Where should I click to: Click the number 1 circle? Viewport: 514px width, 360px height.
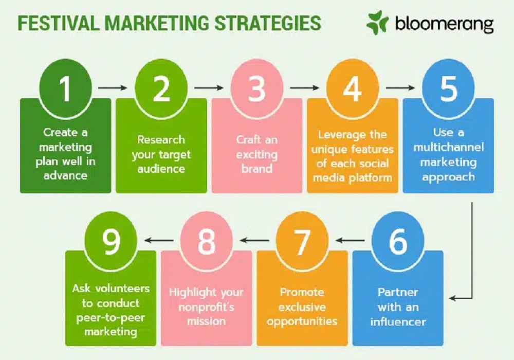[x=65, y=87]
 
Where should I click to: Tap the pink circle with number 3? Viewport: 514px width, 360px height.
[x=256, y=87]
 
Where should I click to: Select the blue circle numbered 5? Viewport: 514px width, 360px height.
[x=448, y=87]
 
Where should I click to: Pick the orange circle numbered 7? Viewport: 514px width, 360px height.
[x=302, y=240]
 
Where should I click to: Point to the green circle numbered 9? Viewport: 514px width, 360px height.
[x=111, y=240]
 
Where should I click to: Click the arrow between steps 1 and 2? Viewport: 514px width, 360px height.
[x=113, y=87]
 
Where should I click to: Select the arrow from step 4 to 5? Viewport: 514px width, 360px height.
[x=400, y=87]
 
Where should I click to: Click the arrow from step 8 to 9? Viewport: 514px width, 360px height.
[x=159, y=240]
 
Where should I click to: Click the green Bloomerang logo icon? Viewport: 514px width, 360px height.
[x=377, y=23]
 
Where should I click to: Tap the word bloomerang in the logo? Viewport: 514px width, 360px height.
[x=444, y=24]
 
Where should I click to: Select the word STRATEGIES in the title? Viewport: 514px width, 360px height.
[x=267, y=23]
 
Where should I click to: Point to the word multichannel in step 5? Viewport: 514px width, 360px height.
[x=448, y=147]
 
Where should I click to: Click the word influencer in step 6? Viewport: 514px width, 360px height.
[x=398, y=321]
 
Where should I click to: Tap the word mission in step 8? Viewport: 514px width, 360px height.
[x=206, y=321]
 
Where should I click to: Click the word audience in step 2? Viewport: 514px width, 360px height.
[x=161, y=169]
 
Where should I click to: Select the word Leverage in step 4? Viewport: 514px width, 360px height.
[x=342, y=135]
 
